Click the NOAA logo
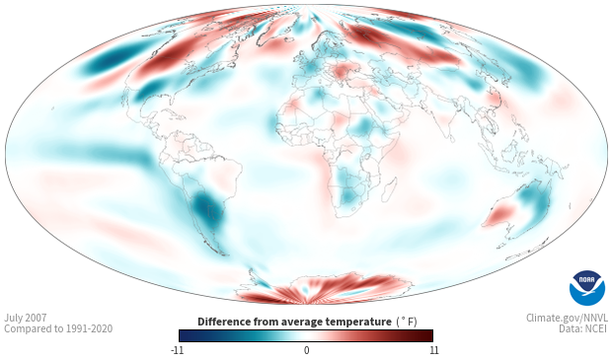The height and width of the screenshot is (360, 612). click(x=587, y=288)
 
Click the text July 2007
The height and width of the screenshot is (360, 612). click(x=26, y=318)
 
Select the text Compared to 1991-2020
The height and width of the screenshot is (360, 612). click(x=58, y=328)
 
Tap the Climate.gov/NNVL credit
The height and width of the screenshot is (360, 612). click(x=567, y=318)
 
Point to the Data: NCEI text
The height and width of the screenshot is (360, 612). click(x=583, y=328)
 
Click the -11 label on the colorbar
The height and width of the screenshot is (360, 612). click(x=178, y=350)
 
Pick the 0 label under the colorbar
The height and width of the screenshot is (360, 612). click(x=306, y=350)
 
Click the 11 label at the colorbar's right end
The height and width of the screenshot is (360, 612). click(x=434, y=350)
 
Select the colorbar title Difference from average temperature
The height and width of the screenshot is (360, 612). click(x=294, y=322)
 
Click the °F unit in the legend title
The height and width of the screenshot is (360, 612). click(x=407, y=322)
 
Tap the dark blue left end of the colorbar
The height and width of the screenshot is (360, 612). click(x=183, y=335)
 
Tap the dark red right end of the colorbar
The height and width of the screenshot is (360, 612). click(x=429, y=335)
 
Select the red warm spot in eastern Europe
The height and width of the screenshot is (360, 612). click(x=341, y=71)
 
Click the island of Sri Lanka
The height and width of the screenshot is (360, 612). click(x=451, y=138)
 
